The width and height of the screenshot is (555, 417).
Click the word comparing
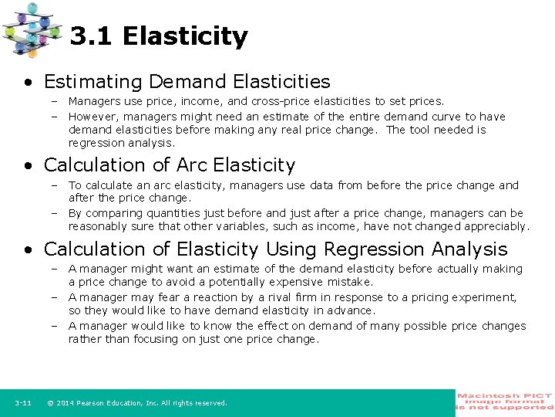point(110,213)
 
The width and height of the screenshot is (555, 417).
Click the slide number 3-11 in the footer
point(22,403)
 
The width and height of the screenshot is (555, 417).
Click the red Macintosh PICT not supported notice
point(504,402)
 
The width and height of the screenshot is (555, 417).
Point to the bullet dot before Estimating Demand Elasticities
point(29,82)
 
